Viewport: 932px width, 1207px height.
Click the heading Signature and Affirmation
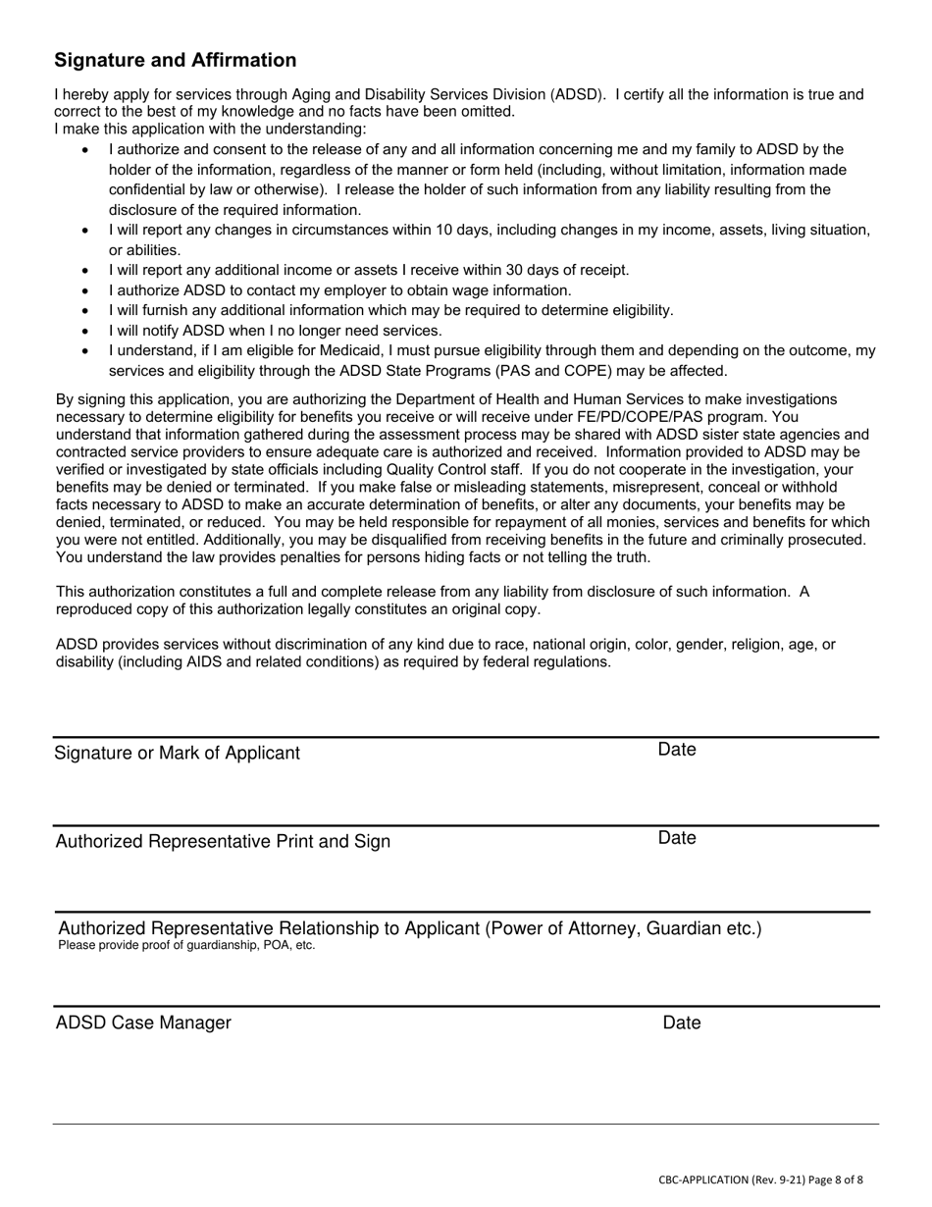175,61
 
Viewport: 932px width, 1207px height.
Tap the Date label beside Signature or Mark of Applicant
677,750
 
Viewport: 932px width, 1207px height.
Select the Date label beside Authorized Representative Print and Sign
677,838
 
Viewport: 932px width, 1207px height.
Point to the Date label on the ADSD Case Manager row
682,1023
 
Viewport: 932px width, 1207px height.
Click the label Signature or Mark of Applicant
178,754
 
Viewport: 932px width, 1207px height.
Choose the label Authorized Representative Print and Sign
223,842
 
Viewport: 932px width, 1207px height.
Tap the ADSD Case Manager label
143,1023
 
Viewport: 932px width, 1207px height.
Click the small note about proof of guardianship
186,946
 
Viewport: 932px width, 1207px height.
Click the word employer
355,290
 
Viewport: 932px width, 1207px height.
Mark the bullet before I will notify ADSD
85,331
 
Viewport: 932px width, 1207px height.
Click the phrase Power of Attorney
564,928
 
